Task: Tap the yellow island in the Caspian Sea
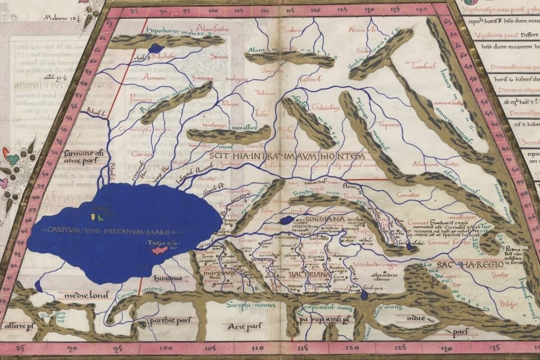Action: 93,217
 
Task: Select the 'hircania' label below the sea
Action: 168,278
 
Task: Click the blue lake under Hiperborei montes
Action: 156,48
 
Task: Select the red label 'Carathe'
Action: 408,195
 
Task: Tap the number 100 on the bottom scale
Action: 166,347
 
